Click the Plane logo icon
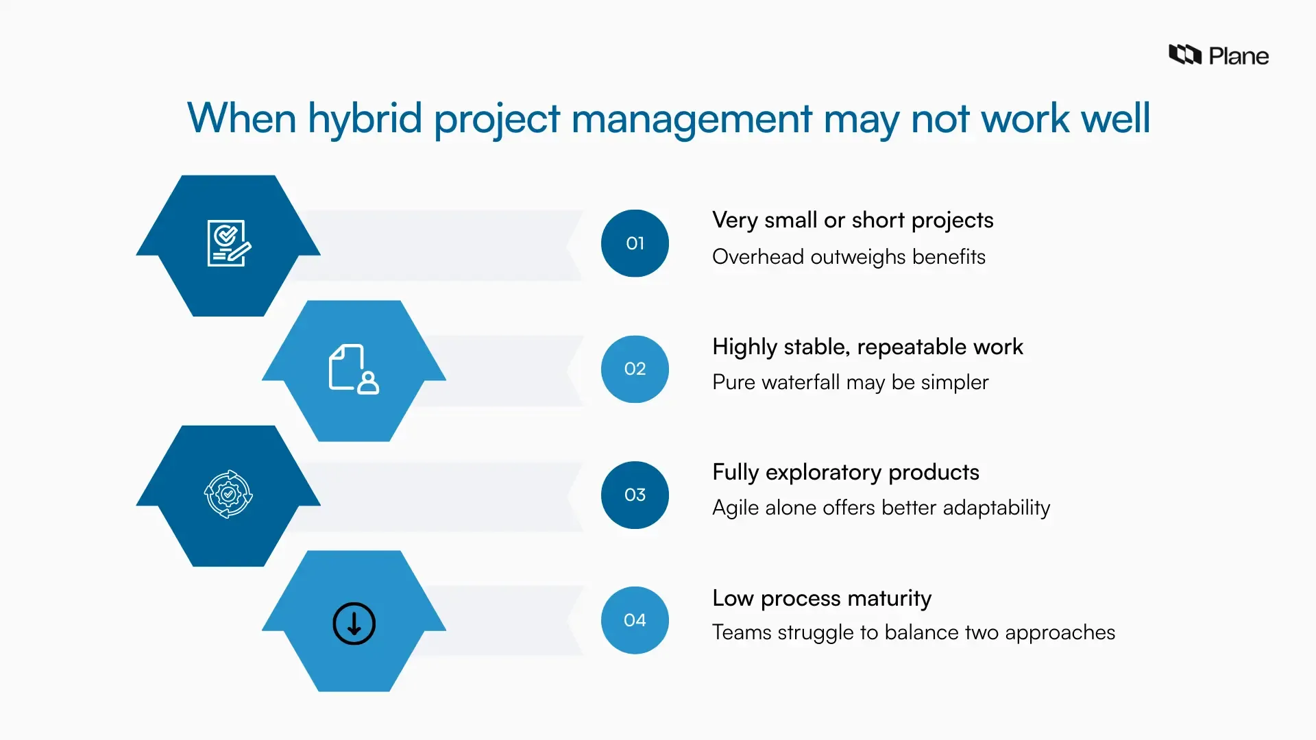point(1184,55)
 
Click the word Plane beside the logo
point(1239,56)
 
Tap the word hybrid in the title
point(365,119)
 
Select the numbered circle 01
point(635,243)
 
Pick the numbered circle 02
point(635,369)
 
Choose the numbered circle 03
point(635,495)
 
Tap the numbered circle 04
point(635,620)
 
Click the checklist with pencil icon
point(229,243)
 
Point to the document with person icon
point(354,369)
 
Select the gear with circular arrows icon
point(228,494)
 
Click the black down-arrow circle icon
point(354,624)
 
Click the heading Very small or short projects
point(852,221)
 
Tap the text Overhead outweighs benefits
point(849,257)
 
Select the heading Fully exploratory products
point(845,473)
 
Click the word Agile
point(735,508)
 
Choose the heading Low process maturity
point(821,598)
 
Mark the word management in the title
point(691,119)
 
